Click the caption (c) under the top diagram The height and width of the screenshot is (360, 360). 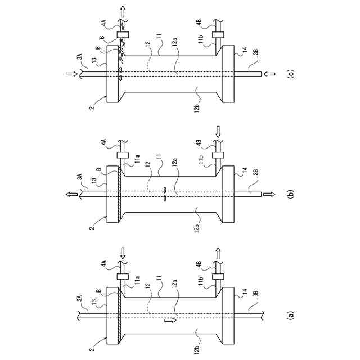(x=290, y=73)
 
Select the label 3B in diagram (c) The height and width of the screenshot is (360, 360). (x=256, y=52)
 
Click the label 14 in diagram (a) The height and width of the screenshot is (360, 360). (x=245, y=292)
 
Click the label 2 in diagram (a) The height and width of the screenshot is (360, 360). (x=92, y=349)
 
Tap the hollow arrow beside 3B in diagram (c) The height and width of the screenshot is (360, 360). (x=268, y=73)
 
